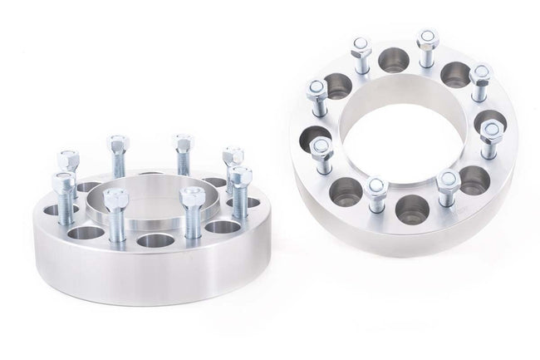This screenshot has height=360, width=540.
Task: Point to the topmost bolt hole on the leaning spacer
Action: pyautogui.click(x=393, y=60)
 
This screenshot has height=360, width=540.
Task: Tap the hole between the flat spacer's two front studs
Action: pyautogui.click(x=155, y=240)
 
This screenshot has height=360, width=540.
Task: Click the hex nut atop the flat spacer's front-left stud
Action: pyautogui.click(x=115, y=200)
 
